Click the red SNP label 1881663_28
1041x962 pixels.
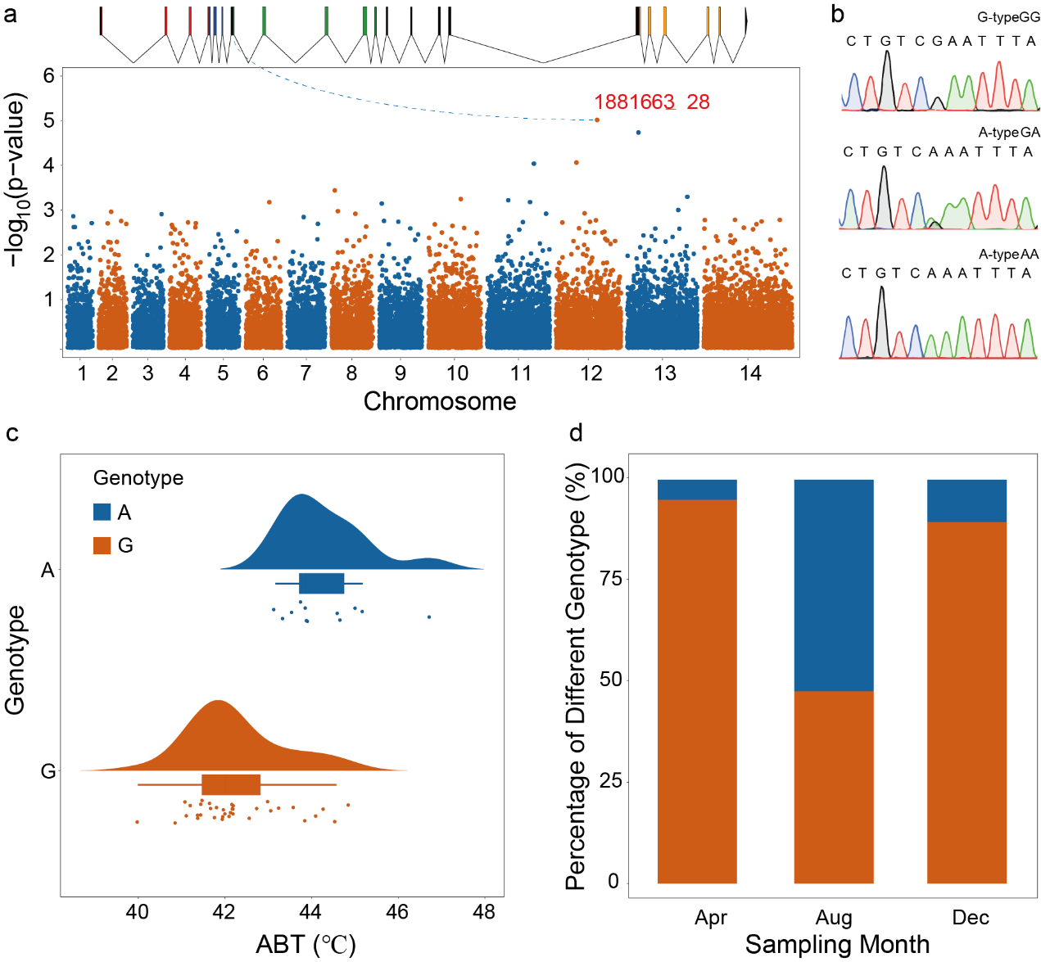click(651, 102)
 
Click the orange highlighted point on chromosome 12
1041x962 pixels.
click(597, 120)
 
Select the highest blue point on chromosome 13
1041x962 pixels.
click(638, 133)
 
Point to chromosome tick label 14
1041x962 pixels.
click(750, 374)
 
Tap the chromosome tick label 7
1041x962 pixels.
click(306, 374)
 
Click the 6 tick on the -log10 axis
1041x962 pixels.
click(49, 76)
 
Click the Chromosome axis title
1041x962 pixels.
click(440, 401)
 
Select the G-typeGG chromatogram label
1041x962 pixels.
click(1008, 17)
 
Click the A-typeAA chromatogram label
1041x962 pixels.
click(1008, 255)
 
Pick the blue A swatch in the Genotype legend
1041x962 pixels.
click(102, 513)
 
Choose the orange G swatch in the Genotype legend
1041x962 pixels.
click(102, 545)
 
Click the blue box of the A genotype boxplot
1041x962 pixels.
click(322, 583)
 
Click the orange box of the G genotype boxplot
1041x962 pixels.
click(231, 784)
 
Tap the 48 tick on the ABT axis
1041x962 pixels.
click(484, 912)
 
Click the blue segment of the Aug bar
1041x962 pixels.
click(834, 585)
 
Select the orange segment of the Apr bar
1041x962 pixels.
click(697, 692)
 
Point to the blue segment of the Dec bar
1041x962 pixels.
click(966, 501)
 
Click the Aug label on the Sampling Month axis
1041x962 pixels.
click(834, 918)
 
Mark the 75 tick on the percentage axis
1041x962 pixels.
click(609, 579)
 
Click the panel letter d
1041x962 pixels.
click(577, 432)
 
